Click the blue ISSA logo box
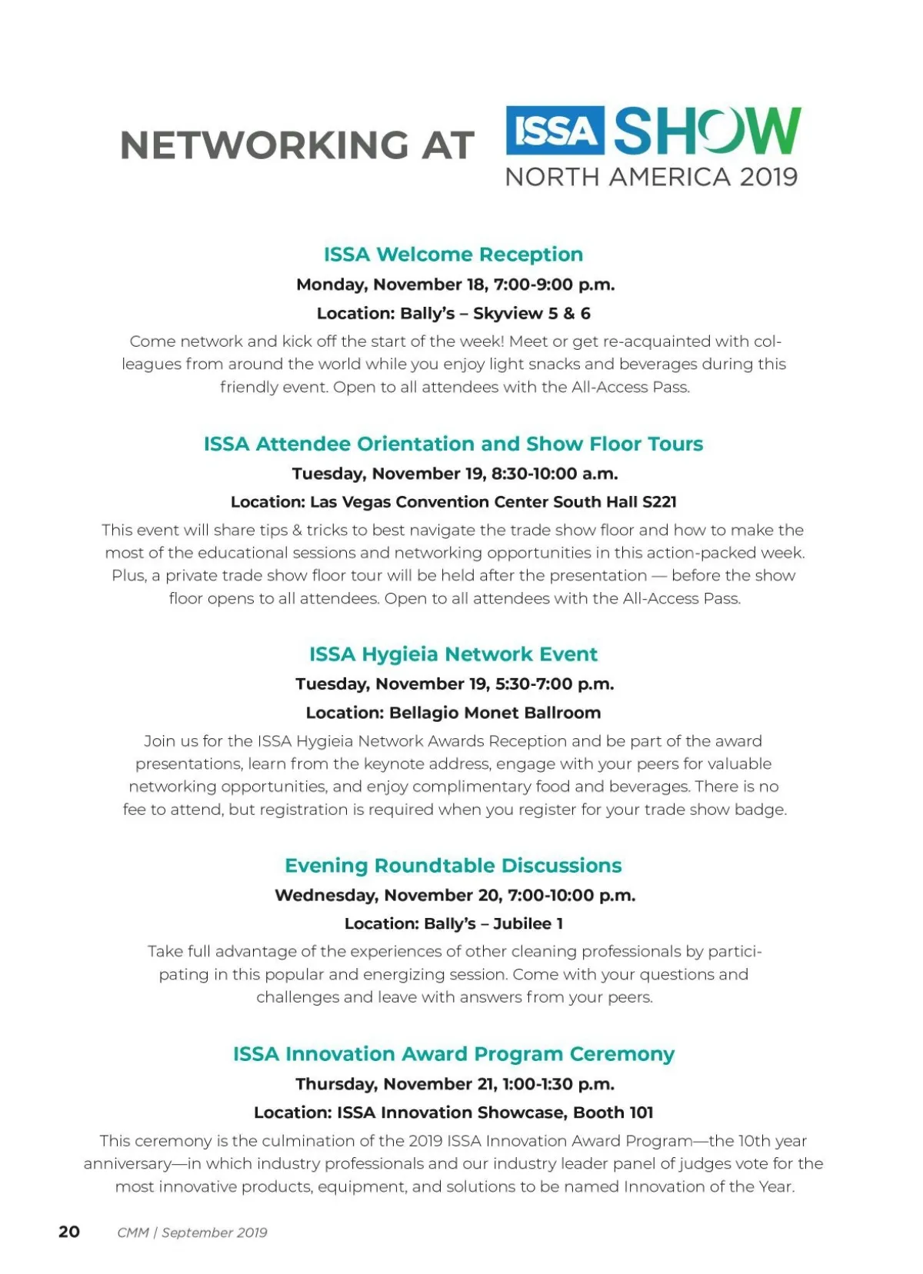(555, 131)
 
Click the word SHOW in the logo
(707, 131)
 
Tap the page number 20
(69, 1232)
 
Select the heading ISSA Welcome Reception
(453, 254)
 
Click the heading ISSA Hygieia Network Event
(453, 654)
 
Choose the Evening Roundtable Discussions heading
(453, 866)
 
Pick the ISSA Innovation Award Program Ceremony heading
(453, 1054)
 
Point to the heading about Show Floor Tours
(453, 444)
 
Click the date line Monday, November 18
(455, 284)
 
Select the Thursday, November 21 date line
(455, 1084)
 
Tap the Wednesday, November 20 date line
(455, 896)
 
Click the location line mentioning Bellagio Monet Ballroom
(453, 713)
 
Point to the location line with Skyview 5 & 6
(453, 314)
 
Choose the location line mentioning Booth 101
(453, 1113)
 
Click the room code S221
(659, 502)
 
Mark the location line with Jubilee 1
(453, 924)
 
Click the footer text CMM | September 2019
(192, 1232)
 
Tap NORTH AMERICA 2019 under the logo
(651, 178)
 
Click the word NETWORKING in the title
(264, 145)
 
